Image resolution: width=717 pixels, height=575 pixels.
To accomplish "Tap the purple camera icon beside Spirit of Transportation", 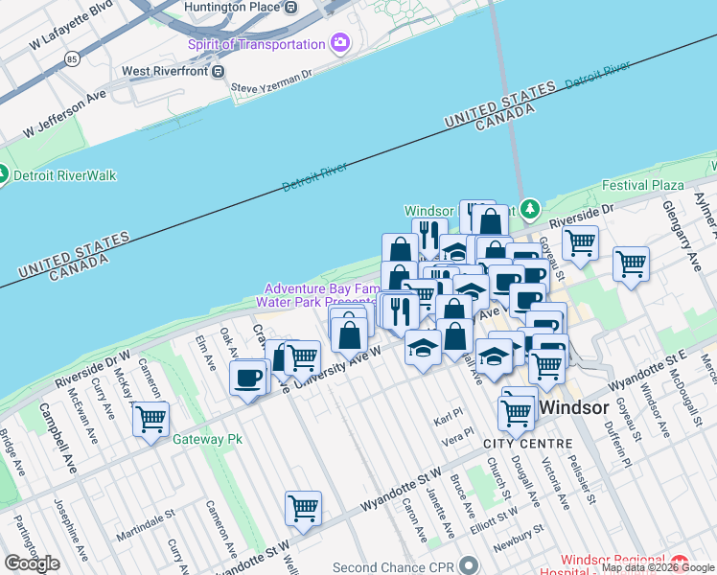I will coord(339,44).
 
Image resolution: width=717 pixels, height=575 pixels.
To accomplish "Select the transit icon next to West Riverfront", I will coord(219,71).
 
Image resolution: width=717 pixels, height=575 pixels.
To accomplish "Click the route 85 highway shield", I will coord(73,58).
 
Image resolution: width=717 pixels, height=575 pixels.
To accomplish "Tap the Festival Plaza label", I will coord(642,185).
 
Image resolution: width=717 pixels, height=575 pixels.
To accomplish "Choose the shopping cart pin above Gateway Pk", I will coord(150,419).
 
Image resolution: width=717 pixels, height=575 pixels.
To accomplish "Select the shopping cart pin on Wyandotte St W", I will coord(303,508).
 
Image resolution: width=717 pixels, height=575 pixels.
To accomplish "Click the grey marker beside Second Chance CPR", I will coord(468,566).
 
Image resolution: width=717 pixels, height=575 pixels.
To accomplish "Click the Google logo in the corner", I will coord(32,563).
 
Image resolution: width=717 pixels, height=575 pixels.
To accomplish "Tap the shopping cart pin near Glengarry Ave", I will coord(631,264).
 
